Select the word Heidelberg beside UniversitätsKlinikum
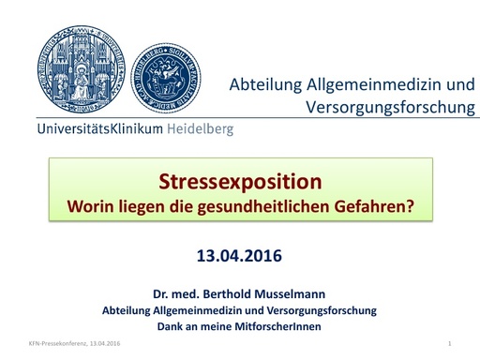click(200, 129)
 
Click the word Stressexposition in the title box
click(241, 181)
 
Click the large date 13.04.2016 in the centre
click(240, 254)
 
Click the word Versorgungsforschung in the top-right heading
click(390, 107)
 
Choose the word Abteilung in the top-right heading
click(267, 85)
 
